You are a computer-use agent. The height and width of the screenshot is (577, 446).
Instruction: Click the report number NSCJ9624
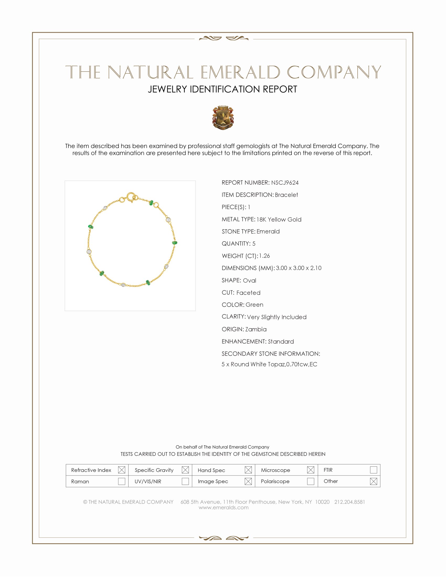(285, 183)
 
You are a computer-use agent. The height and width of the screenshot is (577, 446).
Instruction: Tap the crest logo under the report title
(223, 118)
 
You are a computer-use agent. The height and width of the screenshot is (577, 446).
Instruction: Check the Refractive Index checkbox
(121, 470)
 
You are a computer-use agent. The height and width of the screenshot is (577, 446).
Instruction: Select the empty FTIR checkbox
(373, 470)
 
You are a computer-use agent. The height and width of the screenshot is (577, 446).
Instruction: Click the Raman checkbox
(121, 481)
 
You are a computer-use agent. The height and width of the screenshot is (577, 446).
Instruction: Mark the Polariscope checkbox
(311, 481)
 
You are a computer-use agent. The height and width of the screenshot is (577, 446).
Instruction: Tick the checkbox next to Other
(373, 481)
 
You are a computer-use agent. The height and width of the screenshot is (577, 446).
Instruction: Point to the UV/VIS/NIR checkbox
(185, 481)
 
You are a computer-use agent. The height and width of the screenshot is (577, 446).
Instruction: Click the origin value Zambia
(256, 329)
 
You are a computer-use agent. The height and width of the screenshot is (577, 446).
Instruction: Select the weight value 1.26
(264, 256)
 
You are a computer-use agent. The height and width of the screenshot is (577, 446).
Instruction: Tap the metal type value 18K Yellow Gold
(279, 219)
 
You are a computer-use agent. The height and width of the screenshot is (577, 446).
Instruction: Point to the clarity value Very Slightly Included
(277, 317)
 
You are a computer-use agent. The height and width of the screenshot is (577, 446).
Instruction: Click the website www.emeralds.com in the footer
(224, 507)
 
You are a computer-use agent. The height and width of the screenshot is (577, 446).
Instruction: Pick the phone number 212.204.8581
(349, 502)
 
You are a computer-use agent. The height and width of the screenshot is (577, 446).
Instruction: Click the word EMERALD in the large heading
(240, 72)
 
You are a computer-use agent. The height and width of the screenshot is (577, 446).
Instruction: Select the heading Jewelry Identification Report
(222, 89)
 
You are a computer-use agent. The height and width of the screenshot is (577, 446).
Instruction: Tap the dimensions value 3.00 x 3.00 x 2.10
(299, 268)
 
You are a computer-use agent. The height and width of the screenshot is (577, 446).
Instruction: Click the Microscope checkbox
(311, 470)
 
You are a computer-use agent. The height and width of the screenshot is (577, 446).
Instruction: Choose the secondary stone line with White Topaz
(269, 364)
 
